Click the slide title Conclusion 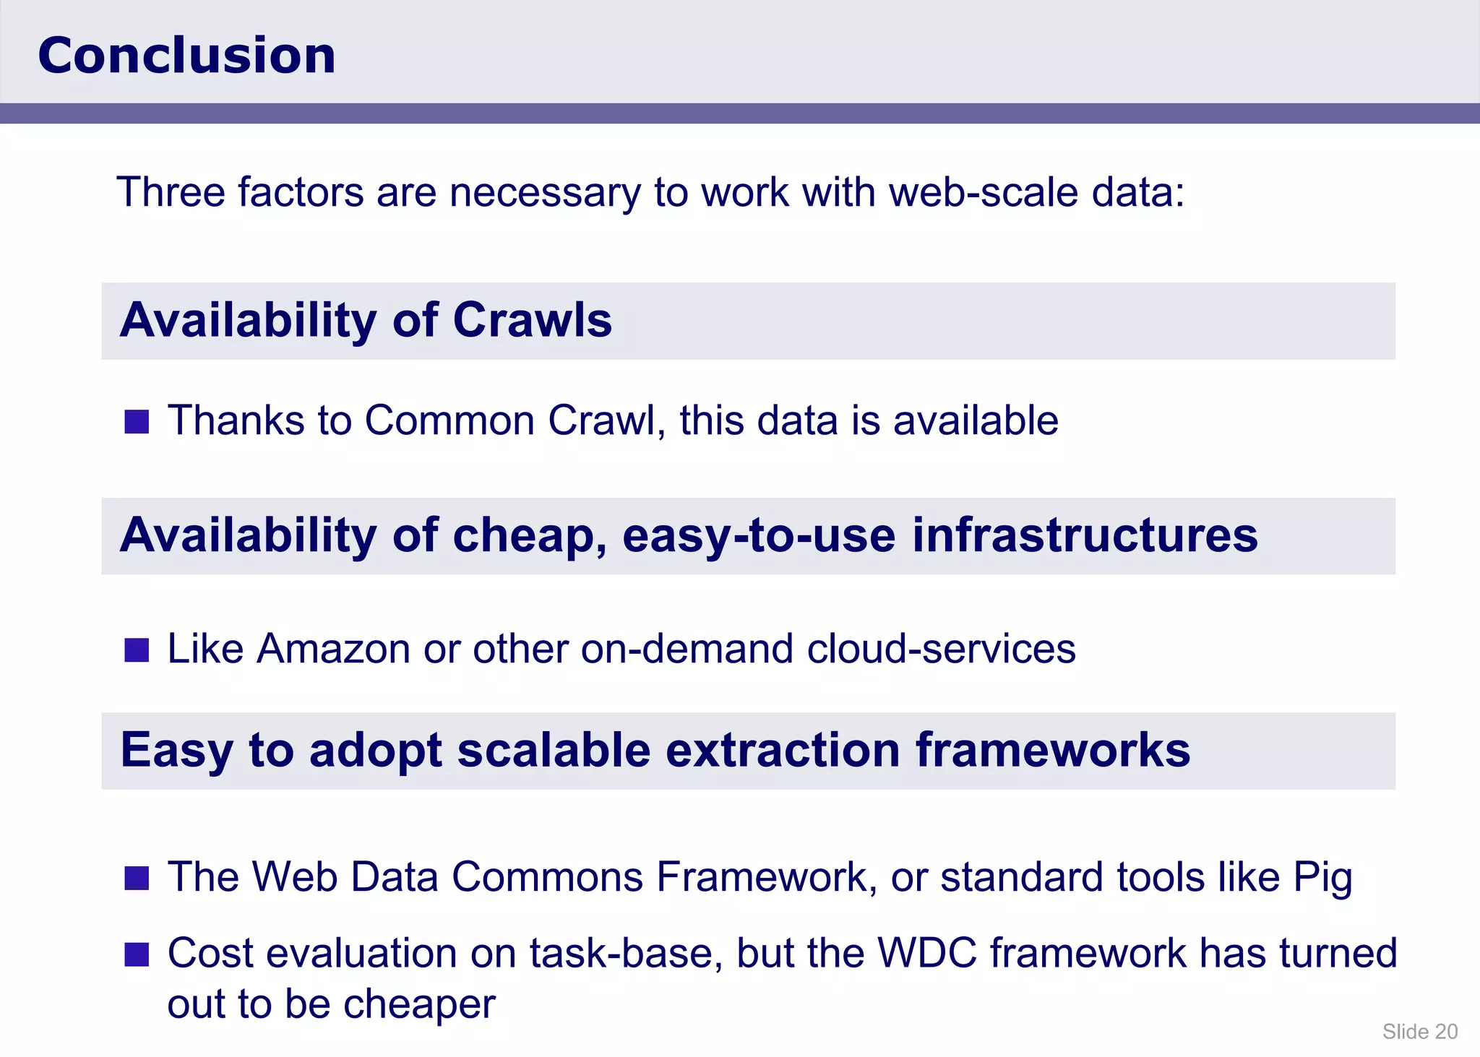pyautogui.click(x=186, y=56)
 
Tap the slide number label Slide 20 pyautogui.click(x=1419, y=1031)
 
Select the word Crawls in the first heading pyautogui.click(x=532, y=320)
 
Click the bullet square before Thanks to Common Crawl pyautogui.click(x=137, y=421)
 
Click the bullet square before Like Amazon pyautogui.click(x=137, y=650)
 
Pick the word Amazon pyautogui.click(x=334, y=648)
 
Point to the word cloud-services pyautogui.click(x=941, y=648)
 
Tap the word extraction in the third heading pyautogui.click(x=782, y=750)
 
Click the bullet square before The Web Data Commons pyautogui.click(x=137, y=878)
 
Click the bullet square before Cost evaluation pyautogui.click(x=137, y=954)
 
